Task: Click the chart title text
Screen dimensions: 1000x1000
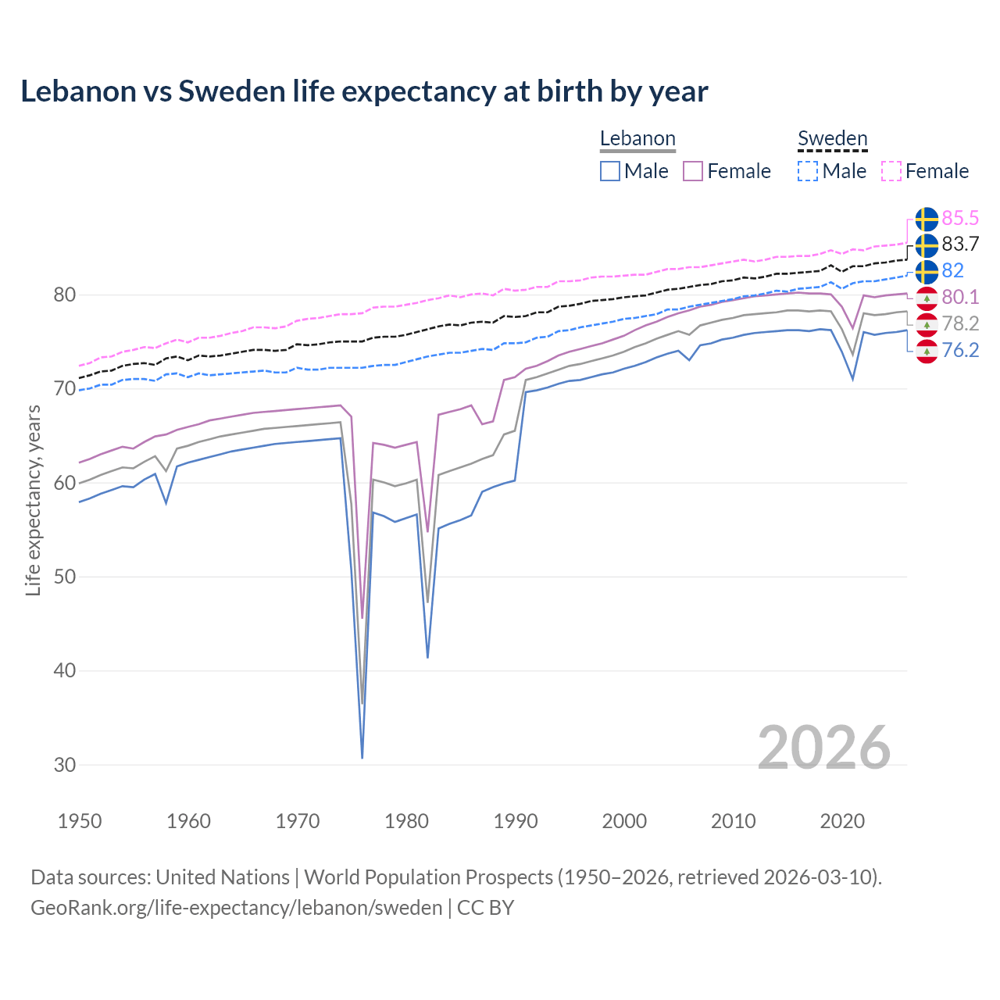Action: pos(364,91)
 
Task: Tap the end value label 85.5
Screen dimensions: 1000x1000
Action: pos(960,218)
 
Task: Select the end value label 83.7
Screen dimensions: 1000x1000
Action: pos(960,245)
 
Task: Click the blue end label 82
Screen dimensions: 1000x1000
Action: pos(952,270)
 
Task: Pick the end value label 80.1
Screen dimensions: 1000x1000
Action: pos(960,297)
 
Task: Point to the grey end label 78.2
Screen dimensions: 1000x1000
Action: pos(960,323)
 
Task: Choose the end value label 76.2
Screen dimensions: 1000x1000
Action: pos(960,350)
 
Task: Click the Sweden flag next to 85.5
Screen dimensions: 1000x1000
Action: pos(927,219)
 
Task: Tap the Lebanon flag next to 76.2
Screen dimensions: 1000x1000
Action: pos(927,351)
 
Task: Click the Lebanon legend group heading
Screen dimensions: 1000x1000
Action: pos(637,138)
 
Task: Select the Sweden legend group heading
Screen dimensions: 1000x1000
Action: pos(832,138)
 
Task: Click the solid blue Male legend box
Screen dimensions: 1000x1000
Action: pos(610,171)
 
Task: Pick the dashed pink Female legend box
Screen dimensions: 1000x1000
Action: pos(891,171)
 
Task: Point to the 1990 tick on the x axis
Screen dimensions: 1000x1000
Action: pos(516,821)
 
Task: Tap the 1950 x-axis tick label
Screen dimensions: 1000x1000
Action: pos(80,821)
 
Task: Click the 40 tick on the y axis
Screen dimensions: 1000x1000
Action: pos(65,671)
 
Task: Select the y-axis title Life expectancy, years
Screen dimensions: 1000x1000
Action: pos(34,500)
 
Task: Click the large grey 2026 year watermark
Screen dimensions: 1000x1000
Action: pos(823,748)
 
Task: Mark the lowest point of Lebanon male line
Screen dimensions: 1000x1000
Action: pos(362,757)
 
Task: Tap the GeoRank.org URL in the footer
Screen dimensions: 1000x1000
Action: pos(236,908)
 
